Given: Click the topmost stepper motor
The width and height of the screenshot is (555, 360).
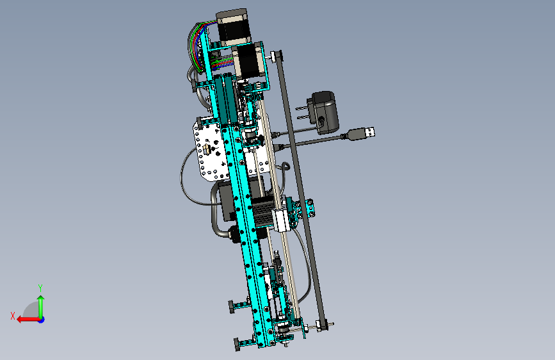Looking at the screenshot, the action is (233, 28).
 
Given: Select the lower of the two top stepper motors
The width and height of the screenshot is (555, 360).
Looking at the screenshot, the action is (250, 61).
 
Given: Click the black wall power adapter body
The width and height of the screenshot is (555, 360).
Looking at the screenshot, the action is (325, 111).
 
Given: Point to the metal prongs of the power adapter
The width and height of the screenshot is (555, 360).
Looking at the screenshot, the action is (302, 111).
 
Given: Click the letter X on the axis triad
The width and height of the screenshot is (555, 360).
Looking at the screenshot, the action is (13, 316).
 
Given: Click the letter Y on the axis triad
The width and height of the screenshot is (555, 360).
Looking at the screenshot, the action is (40, 288).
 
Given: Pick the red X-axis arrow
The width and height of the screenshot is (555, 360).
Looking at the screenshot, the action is (28, 320).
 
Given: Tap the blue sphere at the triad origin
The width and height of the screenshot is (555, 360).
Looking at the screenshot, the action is (42, 320).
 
